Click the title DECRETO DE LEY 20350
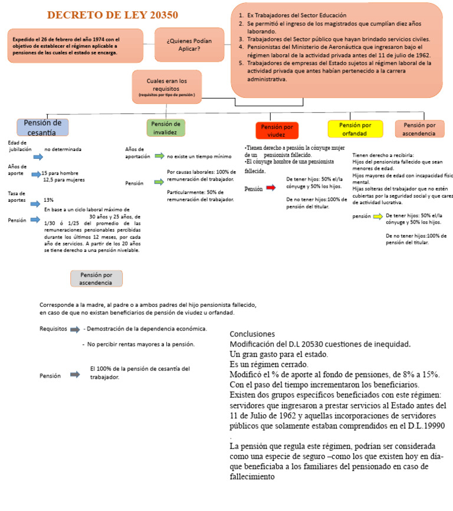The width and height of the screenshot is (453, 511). click(x=113, y=15)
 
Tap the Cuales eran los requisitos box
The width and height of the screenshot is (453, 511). click(x=167, y=86)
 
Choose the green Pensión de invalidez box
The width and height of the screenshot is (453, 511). click(x=166, y=127)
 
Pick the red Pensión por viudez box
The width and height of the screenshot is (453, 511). click(x=277, y=130)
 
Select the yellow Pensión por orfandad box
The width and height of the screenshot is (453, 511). click(x=354, y=129)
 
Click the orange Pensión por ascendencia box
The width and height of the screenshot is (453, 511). click(x=419, y=129)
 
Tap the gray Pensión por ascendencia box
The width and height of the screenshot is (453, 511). click(x=96, y=279)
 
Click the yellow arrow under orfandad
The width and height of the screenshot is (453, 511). click(x=377, y=217)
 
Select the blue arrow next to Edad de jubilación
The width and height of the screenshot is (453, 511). click(x=38, y=156)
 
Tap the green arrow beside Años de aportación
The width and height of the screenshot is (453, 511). click(x=159, y=156)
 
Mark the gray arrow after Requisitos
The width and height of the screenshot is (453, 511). click(x=75, y=329)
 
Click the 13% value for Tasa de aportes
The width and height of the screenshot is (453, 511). click(x=49, y=200)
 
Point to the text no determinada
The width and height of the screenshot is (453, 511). click(x=63, y=149)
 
